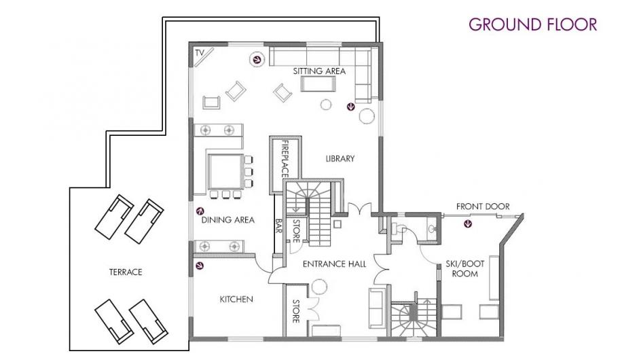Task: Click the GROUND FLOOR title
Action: pyautogui.click(x=532, y=24)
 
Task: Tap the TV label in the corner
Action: pyautogui.click(x=199, y=53)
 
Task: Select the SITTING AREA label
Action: pyautogui.click(x=319, y=71)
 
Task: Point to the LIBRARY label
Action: pyautogui.click(x=340, y=158)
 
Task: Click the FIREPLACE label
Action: pyautogui.click(x=285, y=159)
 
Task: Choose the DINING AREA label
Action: pyautogui.click(x=227, y=220)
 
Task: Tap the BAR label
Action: pyautogui.click(x=278, y=226)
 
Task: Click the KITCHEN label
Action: pyautogui.click(x=236, y=300)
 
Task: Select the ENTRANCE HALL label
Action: pyautogui.click(x=335, y=264)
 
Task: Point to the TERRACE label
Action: pyautogui.click(x=126, y=272)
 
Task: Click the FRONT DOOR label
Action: pyautogui.click(x=483, y=206)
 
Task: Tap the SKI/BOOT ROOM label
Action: pyautogui.click(x=464, y=269)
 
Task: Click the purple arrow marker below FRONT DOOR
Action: pyautogui.click(x=469, y=223)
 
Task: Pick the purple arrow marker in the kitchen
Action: pyautogui.click(x=199, y=266)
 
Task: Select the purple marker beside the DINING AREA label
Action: pyautogui.click(x=200, y=211)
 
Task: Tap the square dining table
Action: pyautogui.click(x=225, y=170)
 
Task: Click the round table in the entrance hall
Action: pyautogui.click(x=319, y=287)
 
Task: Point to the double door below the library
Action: pyautogui.click(x=359, y=208)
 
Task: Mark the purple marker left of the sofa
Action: pyautogui.click(x=257, y=60)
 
